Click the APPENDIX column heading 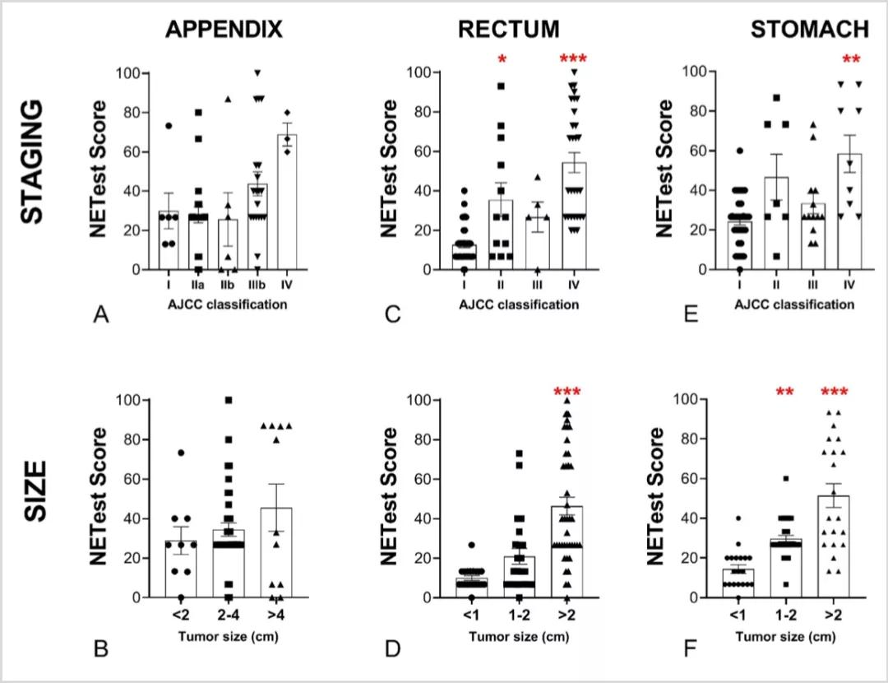[x=224, y=30]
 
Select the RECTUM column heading [x=509, y=30]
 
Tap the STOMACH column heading [x=809, y=30]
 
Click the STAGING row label [x=31, y=171]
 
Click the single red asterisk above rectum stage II [x=500, y=61]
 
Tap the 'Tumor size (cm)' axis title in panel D [x=510, y=636]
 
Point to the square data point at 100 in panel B [x=229, y=401]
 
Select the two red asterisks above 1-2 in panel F [x=788, y=392]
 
